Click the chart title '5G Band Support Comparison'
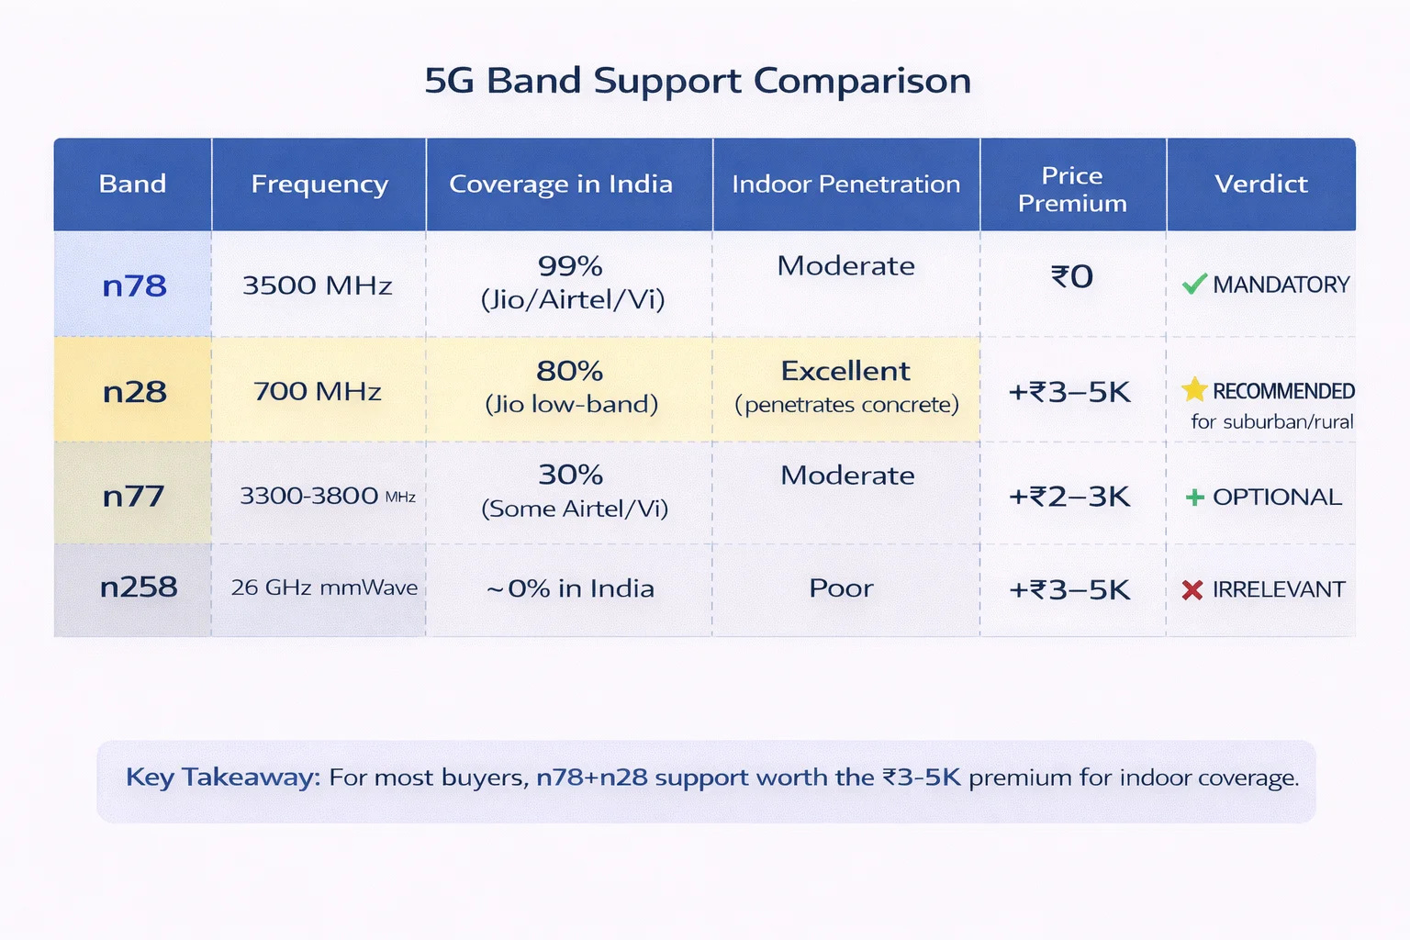coord(698,81)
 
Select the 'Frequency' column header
coord(319,185)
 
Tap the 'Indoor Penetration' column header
coord(845,185)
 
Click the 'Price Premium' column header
coord(1072,189)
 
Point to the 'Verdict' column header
coord(1260,185)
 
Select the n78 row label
coord(134,286)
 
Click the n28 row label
coord(134,392)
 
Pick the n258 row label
coord(138,587)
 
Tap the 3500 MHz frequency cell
coord(318,285)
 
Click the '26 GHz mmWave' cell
coord(324,587)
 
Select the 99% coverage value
coord(570,266)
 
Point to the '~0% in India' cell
coord(570,588)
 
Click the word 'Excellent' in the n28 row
coord(845,371)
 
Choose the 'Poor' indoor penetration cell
coord(841,588)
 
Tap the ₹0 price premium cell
coord(1072,276)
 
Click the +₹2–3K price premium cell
coord(1069,497)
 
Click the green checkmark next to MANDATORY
coord(1193,285)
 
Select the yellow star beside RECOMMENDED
coord(1193,390)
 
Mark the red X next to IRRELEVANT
coord(1192,589)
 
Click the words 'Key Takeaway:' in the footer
coord(223,778)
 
